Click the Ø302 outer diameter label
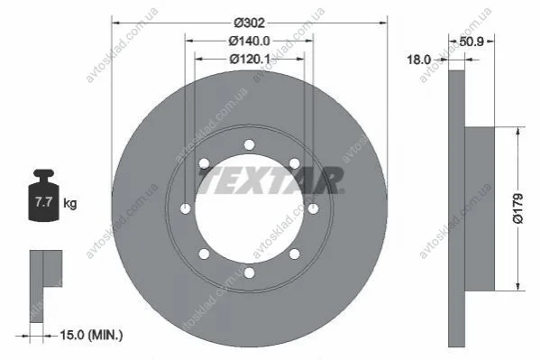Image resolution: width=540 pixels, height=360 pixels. tap(250, 23)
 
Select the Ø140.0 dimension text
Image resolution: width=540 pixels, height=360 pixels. tap(250, 41)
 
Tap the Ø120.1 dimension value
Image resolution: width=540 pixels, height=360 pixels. tap(250, 59)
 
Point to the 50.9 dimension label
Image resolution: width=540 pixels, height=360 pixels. tap(471, 42)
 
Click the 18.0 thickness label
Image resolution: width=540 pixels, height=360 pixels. tap(419, 60)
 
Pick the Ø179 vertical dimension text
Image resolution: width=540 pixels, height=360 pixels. tap(518, 208)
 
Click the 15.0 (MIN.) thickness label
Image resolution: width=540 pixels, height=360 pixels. tap(91, 335)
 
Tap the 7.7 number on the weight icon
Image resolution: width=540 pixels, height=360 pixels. tap(43, 202)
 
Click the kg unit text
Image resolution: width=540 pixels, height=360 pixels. tap(70, 203)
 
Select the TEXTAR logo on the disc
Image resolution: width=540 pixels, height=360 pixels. tap(271, 180)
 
